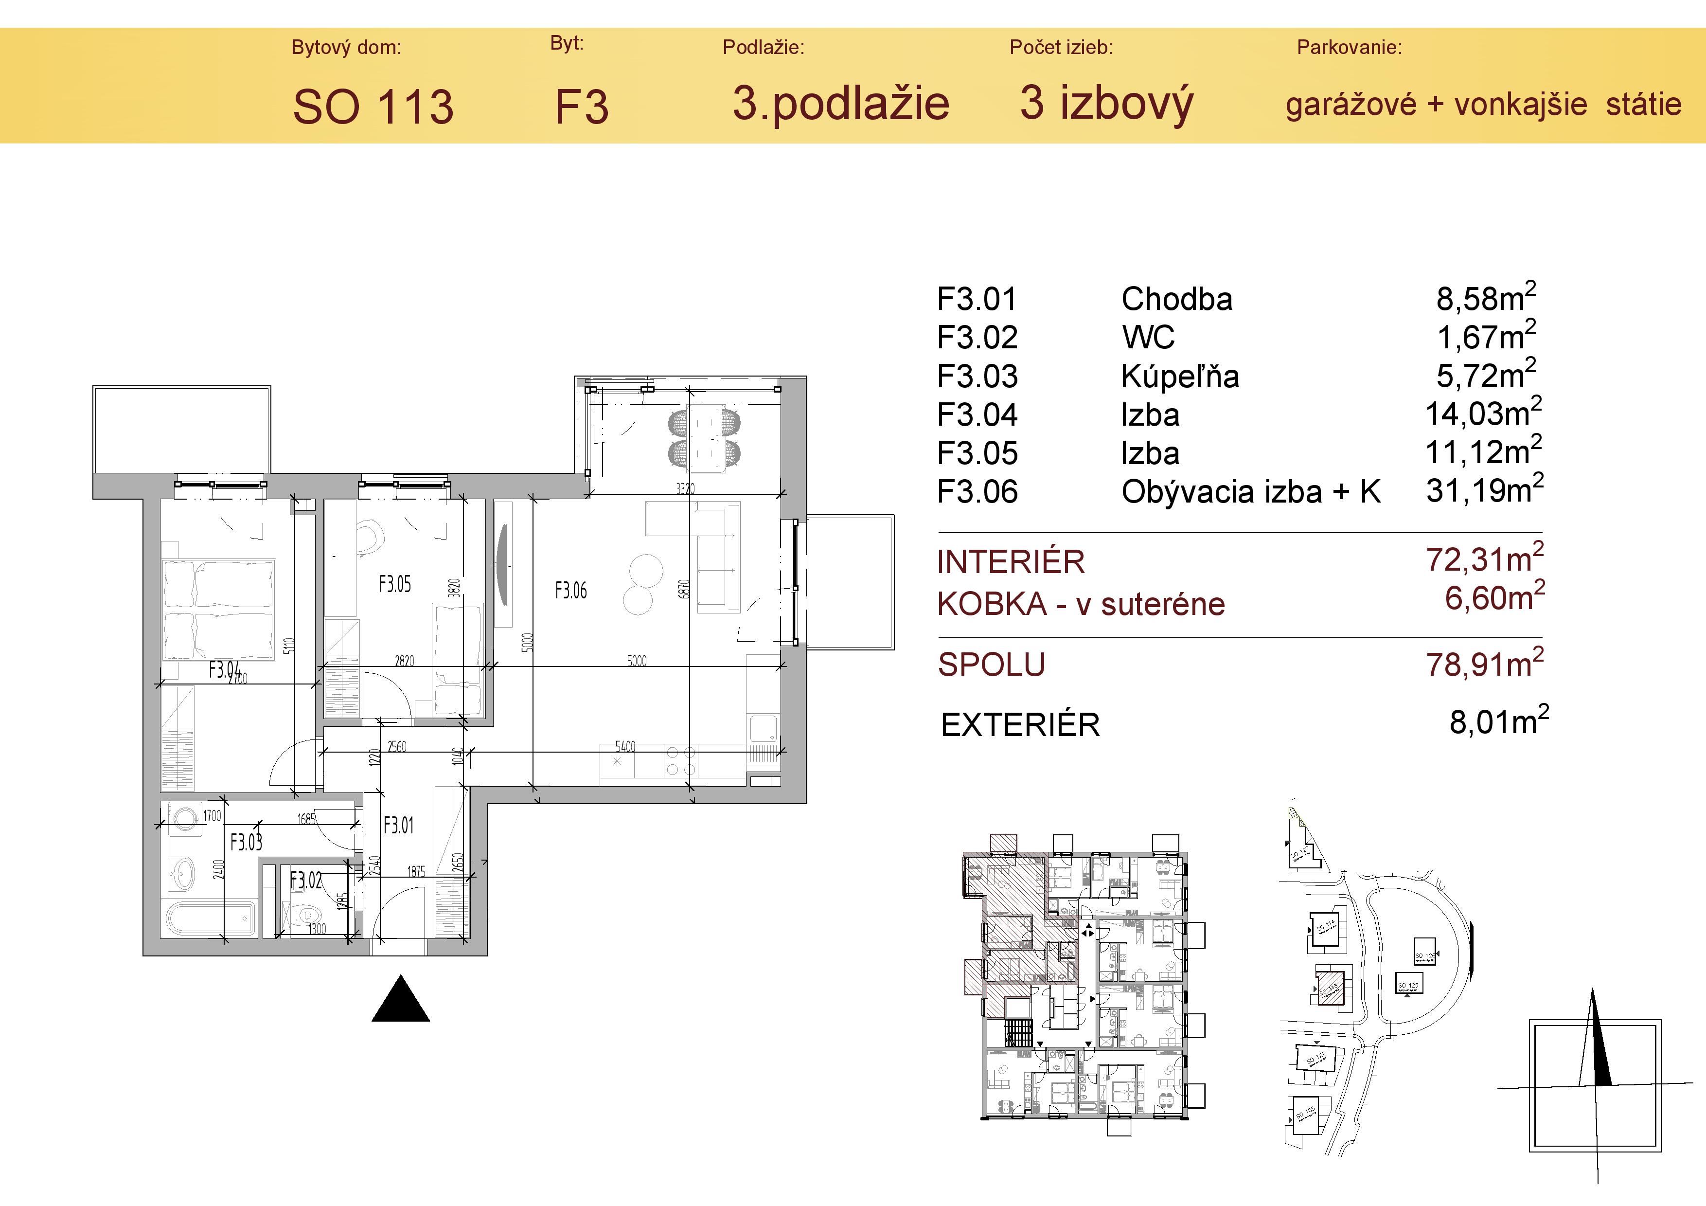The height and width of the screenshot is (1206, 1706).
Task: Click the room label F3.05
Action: point(394,584)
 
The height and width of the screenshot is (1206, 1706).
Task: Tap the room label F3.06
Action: point(570,591)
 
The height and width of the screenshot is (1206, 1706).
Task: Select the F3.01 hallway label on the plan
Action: point(398,825)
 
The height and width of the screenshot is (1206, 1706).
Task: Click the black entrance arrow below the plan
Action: point(401,1000)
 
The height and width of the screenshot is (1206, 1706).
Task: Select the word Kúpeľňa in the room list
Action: point(1180,377)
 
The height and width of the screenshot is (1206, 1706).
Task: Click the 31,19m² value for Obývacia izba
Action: point(1484,490)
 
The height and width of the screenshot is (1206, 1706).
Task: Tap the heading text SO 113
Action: point(373,106)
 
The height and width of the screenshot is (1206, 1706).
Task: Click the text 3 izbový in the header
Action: point(1106,103)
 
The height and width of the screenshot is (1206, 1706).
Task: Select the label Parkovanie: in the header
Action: point(1350,48)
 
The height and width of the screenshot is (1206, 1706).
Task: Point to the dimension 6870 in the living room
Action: point(684,589)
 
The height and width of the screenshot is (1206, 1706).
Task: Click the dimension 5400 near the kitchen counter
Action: point(625,746)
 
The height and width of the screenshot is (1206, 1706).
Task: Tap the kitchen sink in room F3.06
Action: point(763,728)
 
